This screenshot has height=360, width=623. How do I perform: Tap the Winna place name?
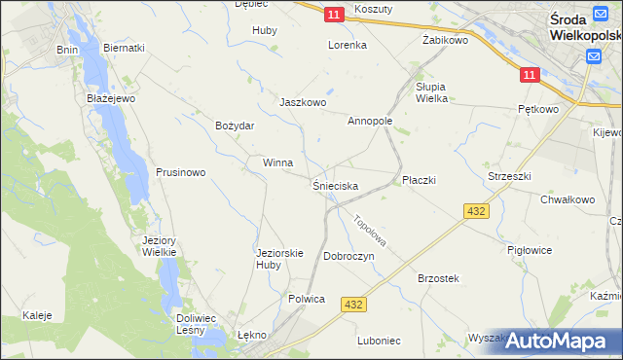pos(277,162)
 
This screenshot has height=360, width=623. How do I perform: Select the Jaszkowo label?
pos(303,102)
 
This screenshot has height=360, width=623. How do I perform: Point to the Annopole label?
pos(370,122)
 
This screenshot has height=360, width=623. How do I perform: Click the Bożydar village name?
pos(235,126)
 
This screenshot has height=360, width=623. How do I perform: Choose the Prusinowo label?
pos(180,172)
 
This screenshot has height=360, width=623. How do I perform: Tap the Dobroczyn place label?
pos(349,255)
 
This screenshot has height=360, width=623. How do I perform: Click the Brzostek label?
pos(438,278)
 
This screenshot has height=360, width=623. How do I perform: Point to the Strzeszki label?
pos(509,176)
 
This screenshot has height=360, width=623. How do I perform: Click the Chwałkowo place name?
pos(568,199)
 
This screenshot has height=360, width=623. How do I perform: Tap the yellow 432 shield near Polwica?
pos(353,306)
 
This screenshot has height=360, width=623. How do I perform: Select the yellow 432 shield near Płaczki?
pos(476,211)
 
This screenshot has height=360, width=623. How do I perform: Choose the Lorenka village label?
pos(347,45)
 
